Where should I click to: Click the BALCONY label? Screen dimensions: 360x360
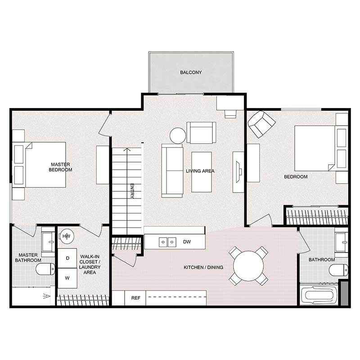[191, 72]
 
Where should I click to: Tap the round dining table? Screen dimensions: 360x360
[248, 266]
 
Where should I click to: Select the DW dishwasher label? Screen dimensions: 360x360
[187, 242]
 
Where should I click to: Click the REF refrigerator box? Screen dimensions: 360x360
[135, 298]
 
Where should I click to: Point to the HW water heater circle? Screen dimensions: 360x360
[66, 235]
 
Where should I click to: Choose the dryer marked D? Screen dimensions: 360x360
[67, 258]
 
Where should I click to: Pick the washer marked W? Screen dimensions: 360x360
[67, 278]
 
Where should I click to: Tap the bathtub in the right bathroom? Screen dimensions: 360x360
[319, 296]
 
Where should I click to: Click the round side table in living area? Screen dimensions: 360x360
[178, 135]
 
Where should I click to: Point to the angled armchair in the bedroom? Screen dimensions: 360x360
[261, 124]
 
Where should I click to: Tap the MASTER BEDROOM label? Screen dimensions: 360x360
[61, 167]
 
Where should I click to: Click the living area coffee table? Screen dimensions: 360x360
[201, 172]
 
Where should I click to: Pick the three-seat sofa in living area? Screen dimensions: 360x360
[172, 171]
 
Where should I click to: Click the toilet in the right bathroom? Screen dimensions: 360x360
[338, 270]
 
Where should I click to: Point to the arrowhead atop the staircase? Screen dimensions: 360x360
[127, 150]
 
